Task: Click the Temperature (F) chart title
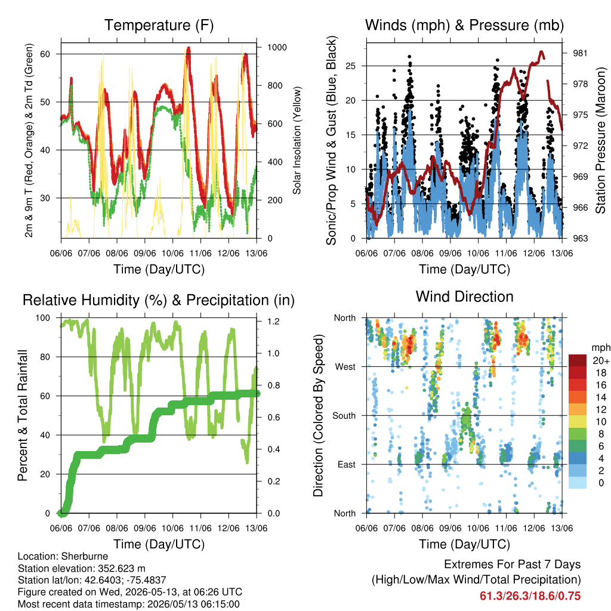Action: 159,25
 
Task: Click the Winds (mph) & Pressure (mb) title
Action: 464,25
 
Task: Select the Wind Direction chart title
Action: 464,297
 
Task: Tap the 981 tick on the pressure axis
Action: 580,53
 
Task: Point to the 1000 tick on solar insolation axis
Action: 277,47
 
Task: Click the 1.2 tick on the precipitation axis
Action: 273,322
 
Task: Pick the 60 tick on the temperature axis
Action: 45,54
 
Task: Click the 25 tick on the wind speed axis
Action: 350,66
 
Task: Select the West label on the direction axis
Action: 345,367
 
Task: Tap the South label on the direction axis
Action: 344,416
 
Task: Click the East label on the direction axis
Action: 347,464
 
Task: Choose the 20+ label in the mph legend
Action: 601,360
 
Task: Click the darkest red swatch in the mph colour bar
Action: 578,360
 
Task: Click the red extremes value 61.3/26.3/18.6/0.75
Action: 530,596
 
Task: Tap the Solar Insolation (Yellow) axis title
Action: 297,140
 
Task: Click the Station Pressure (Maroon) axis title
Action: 600,140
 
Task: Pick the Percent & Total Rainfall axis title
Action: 23,415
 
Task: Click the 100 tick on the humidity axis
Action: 43,317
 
